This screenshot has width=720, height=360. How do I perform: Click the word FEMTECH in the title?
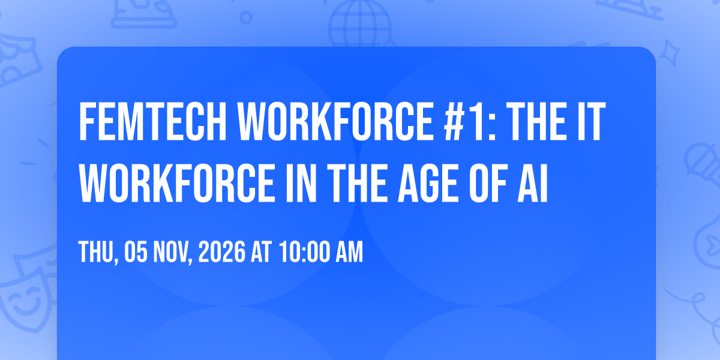coord(152,121)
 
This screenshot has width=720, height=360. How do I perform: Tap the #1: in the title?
coord(470,121)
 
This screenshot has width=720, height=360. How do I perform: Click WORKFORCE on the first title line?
coord(335,121)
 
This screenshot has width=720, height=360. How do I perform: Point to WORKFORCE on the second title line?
coord(177,183)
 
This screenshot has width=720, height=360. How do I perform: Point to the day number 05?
coord(136,252)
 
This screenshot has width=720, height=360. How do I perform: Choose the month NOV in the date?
coord(172,252)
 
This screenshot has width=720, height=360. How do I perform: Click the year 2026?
coord(222,252)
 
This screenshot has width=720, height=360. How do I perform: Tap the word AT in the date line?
coord(261,252)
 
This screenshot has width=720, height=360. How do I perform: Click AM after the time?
coord(349,252)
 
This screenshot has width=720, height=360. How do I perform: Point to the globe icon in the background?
coord(360,23)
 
